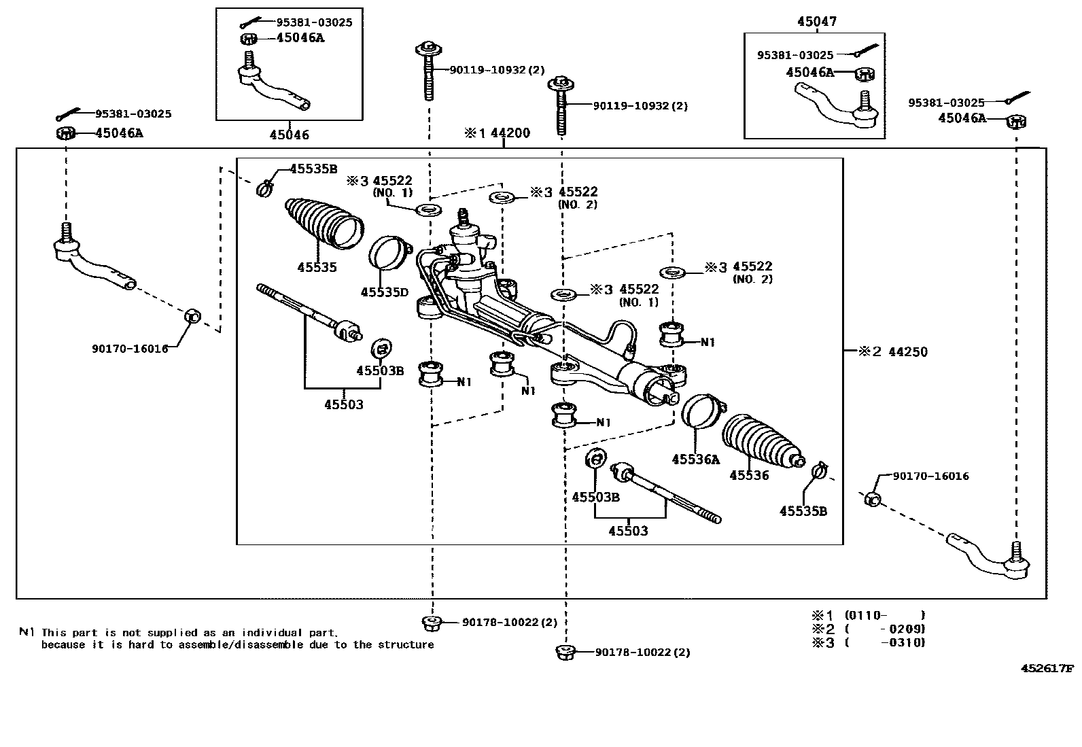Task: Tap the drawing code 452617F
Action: pyautogui.click(x=1047, y=668)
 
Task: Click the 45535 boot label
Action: pyautogui.click(x=317, y=268)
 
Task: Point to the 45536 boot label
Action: pyautogui.click(x=749, y=476)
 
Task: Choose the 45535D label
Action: pyautogui.click(x=384, y=292)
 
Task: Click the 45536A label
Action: pyautogui.click(x=695, y=459)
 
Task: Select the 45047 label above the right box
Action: pyautogui.click(x=817, y=22)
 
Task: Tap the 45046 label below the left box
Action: pyautogui.click(x=289, y=135)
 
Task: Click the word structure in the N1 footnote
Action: pyautogui.click(x=409, y=644)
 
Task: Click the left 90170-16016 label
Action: pyautogui.click(x=130, y=349)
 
